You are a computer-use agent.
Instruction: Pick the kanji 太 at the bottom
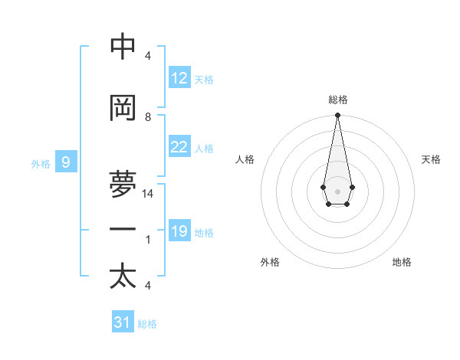123,277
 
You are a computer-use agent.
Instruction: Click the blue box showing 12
179,78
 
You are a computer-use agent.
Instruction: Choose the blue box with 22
179,147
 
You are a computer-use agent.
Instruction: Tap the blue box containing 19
179,231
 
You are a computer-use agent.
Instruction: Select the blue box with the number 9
66,162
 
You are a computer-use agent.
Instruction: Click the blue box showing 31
123,322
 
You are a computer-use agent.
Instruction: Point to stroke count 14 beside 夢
148,194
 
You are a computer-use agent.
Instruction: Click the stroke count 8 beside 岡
148,117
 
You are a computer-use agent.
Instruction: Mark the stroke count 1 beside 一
148,240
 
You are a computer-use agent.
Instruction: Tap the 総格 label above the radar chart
337,100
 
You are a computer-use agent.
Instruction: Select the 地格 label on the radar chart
402,262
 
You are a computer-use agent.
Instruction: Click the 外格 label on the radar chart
270,262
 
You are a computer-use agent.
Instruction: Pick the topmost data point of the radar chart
337,116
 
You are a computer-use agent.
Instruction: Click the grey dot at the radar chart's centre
337,190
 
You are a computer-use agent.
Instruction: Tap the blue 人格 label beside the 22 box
204,148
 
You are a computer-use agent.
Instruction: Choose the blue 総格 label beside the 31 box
147,323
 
